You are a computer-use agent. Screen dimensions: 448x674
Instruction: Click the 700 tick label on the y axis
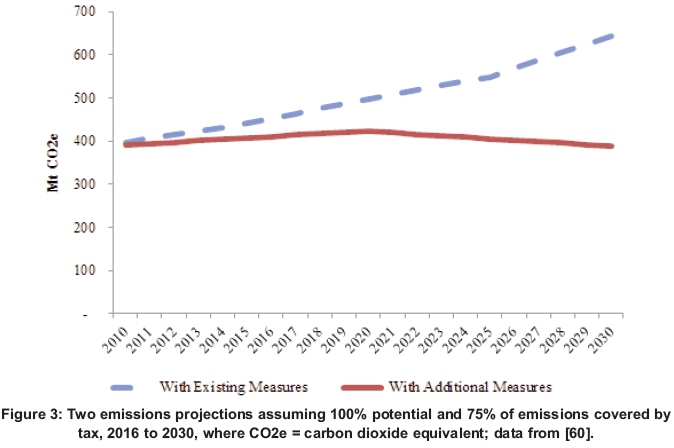(87, 12)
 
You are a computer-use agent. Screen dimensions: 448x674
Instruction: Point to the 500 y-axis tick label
(87, 98)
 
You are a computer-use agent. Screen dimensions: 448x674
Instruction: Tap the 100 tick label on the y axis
(87, 270)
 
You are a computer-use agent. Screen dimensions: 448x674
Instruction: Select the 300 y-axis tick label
(87, 184)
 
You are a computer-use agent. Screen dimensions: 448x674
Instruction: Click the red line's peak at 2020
(369, 131)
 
